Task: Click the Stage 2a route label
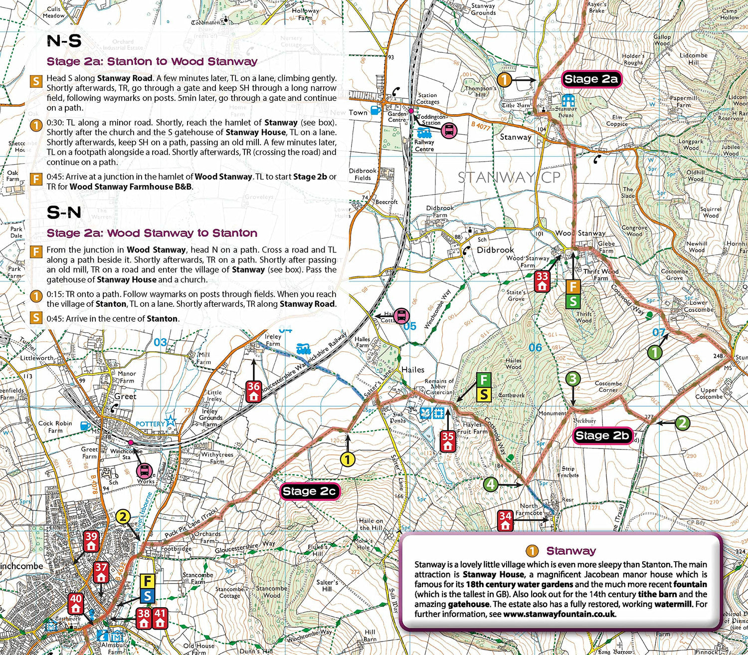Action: pyautogui.click(x=591, y=79)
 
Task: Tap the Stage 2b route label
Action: pyautogui.click(x=602, y=436)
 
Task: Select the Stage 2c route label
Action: pyautogui.click(x=309, y=491)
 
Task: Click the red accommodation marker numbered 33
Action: pyautogui.click(x=542, y=281)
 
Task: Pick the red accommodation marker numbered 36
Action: pyautogui.click(x=254, y=391)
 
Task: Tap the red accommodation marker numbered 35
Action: pyautogui.click(x=448, y=441)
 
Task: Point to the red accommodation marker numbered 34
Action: pyautogui.click(x=505, y=520)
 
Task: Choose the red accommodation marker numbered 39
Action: pyautogui.click(x=91, y=541)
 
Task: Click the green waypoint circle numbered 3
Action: pyautogui.click(x=572, y=379)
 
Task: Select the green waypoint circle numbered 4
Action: pyautogui.click(x=491, y=484)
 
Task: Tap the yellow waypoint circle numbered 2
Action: pyautogui.click(x=123, y=517)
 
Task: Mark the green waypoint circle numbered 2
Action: pyautogui.click(x=682, y=423)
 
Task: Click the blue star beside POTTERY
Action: pyautogui.click(x=171, y=421)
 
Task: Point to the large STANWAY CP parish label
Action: pyautogui.click(x=509, y=177)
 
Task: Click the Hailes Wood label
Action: pyautogui.click(x=513, y=364)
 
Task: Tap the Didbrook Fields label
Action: pyautogui.click(x=363, y=174)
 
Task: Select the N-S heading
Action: pyautogui.click(x=64, y=41)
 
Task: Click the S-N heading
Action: pyautogui.click(x=64, y=213)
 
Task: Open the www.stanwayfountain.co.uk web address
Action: pyautogui.click(x=560, y=614)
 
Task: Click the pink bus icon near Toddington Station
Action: pyautogui.click(x=449, y=131)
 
